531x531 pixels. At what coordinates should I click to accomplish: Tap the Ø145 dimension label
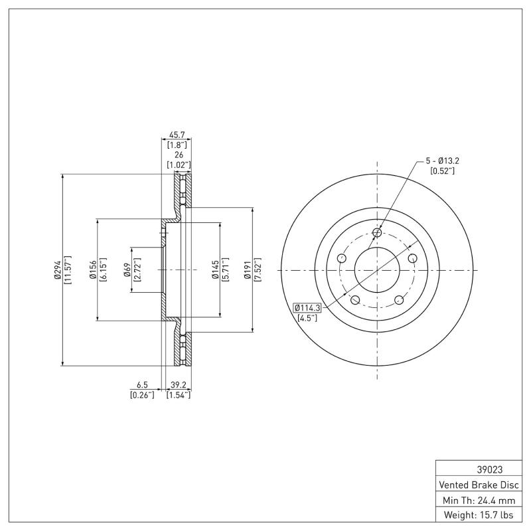(x=216, y=269)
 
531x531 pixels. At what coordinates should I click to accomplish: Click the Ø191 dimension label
(x=247, y=269)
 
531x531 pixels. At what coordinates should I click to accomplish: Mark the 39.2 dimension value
(x=178, y=385)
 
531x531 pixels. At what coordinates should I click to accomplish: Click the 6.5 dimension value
(x=142, y=385)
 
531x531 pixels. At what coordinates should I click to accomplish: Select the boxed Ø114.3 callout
(x=307, y=307)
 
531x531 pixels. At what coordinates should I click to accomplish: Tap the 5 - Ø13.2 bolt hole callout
(x=441, y=161)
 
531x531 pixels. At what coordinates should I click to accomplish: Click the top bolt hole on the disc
(x=377, y=232)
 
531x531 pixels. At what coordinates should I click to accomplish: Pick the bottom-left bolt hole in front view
(x=354, y=300)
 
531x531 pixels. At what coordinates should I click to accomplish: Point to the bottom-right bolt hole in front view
(x=400, y=300)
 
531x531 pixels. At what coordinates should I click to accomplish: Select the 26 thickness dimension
(x=178, y=154)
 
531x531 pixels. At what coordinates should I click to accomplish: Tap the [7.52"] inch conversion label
(x=257, y=269)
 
